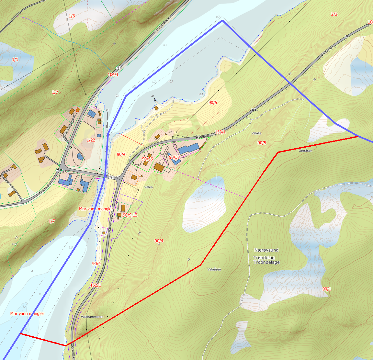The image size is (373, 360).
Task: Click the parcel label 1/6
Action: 72,16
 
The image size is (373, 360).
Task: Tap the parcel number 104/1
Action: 113,74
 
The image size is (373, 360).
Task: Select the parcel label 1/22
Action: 91,140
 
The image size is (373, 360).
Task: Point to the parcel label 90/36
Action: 147,159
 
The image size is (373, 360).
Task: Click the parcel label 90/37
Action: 175,157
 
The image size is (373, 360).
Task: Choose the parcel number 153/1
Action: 220,132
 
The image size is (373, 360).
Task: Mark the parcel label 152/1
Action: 96,285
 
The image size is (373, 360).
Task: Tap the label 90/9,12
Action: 130,215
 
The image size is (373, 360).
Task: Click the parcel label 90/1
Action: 327,289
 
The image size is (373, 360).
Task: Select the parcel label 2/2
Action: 334,14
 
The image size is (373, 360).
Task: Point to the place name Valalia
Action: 256,133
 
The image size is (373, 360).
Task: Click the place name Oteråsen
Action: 306,151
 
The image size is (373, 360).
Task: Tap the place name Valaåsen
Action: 214,269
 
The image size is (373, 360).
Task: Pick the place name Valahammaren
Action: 92,317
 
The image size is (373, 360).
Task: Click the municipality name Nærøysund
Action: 266,250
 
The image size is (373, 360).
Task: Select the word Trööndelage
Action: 266,262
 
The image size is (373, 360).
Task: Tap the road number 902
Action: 254,110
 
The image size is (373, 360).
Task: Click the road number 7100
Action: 59,170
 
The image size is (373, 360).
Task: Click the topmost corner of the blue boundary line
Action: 222,20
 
